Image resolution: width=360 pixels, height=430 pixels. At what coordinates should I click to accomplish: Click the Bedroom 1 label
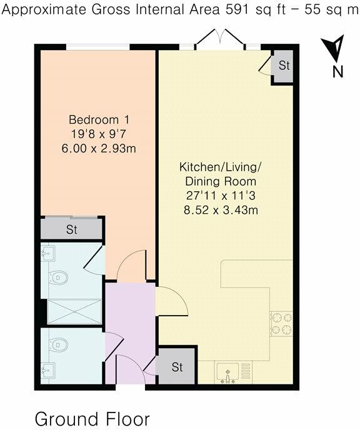[x=99, y=119]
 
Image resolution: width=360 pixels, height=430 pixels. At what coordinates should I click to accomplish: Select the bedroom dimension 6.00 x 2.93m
[x=99, y=148]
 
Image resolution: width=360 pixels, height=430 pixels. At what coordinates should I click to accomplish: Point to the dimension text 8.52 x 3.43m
[x=221, y=210]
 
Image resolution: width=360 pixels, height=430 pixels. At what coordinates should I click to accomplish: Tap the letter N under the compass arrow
[x=337, y=72]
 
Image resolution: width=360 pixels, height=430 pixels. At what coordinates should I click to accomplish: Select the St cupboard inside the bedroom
[x=72, y=229]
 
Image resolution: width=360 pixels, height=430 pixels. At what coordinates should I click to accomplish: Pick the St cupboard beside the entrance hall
[x=176, y=367]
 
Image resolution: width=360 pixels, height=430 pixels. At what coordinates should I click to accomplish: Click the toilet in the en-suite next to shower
[x=59, y=277]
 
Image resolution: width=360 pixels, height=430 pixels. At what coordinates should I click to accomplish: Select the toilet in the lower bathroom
[x=59, y=344]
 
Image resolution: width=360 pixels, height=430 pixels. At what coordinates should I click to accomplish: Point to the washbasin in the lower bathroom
[x=47, y=370]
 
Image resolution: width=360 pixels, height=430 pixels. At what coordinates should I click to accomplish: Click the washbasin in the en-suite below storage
[x=47, y=253]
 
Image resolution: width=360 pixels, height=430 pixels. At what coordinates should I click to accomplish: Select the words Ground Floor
[x=92, y=417]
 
